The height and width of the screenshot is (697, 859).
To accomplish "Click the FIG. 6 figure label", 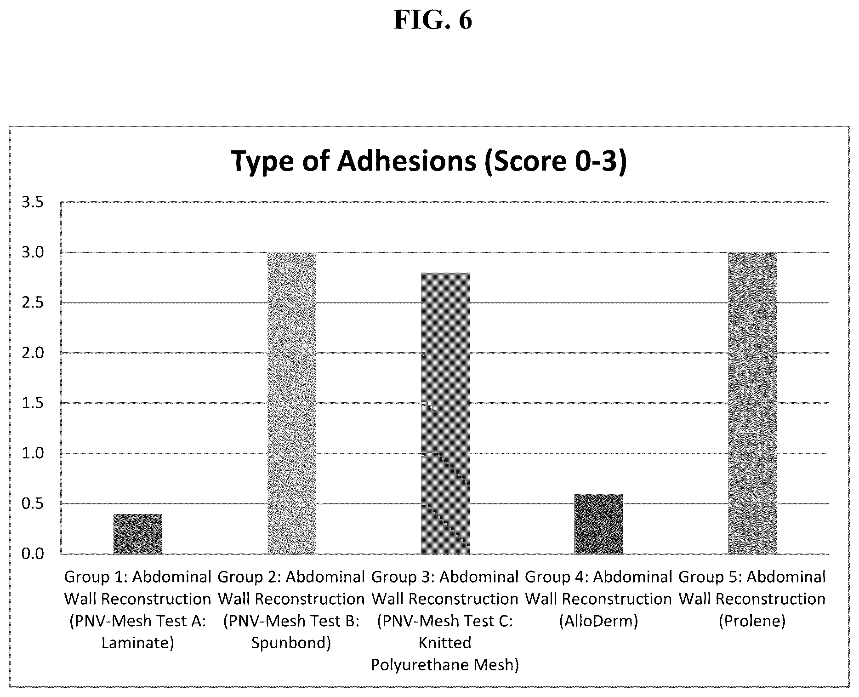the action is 433,21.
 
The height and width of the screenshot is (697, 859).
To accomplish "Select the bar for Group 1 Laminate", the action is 138,534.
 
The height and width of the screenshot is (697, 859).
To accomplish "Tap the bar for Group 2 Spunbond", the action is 291,403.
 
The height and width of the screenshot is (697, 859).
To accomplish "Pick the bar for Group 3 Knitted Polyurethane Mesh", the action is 445,413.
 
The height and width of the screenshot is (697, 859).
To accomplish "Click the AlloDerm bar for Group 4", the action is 599,524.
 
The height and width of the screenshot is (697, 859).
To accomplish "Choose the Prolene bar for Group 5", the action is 752,403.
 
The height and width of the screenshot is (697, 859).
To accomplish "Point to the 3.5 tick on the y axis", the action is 33,202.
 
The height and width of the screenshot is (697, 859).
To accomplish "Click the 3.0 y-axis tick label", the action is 33,252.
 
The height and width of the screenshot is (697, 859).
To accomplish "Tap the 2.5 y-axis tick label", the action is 33,303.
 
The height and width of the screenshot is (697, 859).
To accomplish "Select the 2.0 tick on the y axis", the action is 33,353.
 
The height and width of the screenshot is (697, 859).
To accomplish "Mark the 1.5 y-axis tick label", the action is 33,403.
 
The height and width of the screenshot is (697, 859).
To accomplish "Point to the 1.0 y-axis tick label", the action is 33,453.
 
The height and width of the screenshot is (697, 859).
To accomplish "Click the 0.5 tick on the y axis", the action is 33,503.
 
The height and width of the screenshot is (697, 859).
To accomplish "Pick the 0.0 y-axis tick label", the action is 33,554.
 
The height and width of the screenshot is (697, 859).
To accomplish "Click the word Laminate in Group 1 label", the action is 137,643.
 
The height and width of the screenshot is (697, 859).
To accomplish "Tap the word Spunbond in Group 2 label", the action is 291,643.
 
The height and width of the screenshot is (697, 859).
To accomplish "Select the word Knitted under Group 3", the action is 445,643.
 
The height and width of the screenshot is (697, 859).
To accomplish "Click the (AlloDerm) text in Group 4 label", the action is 598,621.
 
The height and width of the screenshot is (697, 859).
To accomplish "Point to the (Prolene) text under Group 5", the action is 752,621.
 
